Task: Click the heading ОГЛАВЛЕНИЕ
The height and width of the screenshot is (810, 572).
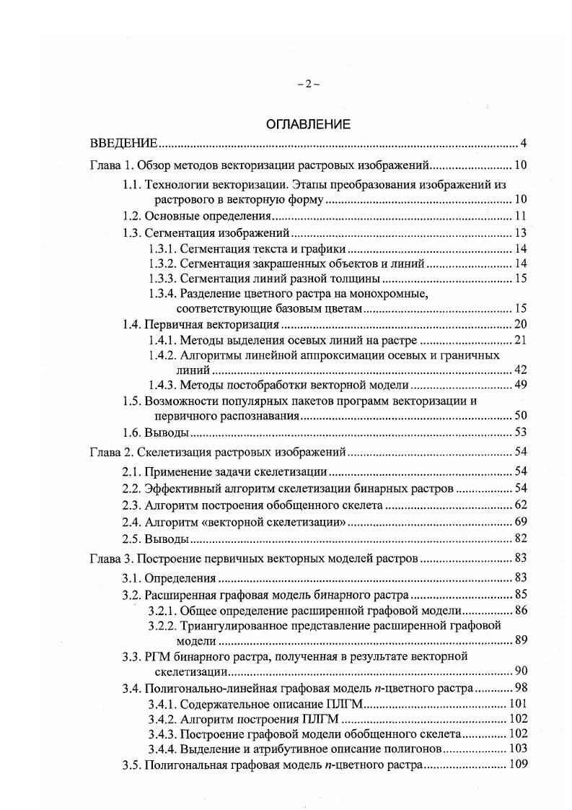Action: point(308,124)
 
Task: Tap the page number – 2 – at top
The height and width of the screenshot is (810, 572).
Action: point(308,84)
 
